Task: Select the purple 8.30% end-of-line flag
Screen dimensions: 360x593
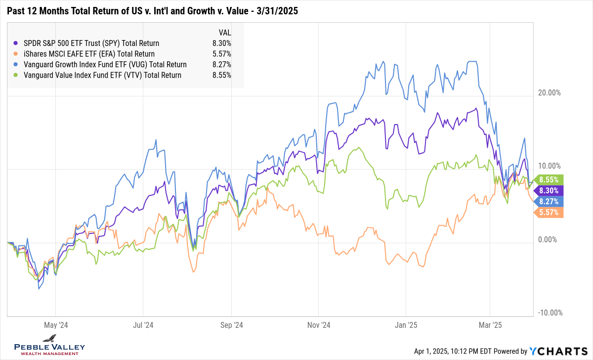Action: (549, 190)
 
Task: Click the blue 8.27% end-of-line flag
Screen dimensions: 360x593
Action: (549, 201)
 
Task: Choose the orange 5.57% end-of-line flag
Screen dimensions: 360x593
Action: (549, 212)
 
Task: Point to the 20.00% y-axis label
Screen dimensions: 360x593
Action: (549, 92)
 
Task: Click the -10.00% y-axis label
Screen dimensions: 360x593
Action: (548, 313)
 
